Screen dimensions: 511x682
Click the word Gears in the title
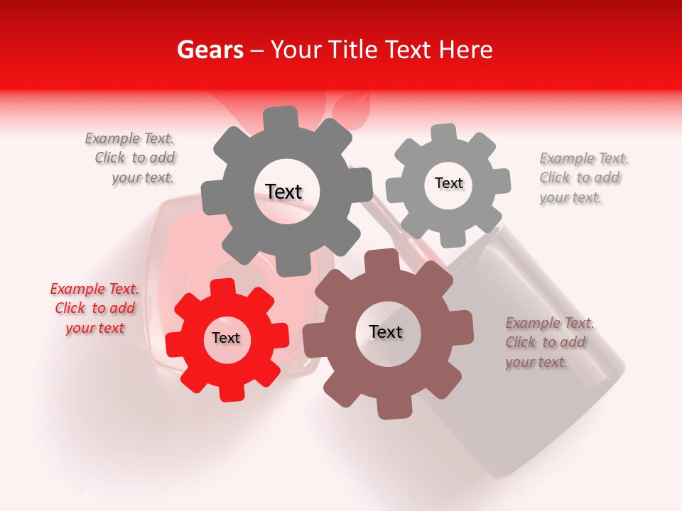tap(210, 50)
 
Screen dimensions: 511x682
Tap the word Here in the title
tap(466, 50)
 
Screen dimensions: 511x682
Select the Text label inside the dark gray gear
tap(283, 192)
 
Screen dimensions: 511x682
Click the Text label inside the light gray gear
tap(448, 183)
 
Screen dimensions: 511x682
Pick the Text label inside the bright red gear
tap(226, 338)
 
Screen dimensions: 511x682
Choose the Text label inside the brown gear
tap(386, 331)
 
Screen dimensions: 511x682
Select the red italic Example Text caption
tap(94, 308)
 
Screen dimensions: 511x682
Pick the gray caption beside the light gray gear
tap(583, 177)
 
